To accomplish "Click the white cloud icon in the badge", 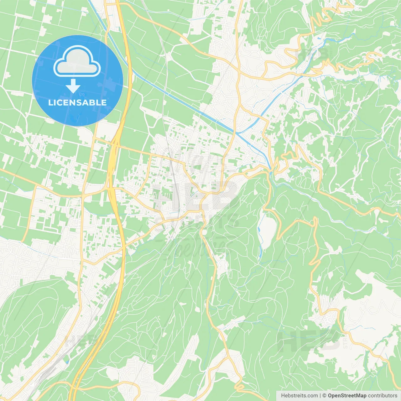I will point(77,61).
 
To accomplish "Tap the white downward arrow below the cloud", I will point(73,86).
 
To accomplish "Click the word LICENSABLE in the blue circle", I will point(77,102).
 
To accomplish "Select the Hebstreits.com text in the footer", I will point(299,396).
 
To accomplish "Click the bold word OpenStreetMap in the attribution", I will point(347,396).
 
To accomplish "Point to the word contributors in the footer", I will point(383,396).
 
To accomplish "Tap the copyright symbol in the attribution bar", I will point(325,396).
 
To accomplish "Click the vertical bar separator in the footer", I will point(320,396).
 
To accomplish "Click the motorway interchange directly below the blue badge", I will point(114,147).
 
